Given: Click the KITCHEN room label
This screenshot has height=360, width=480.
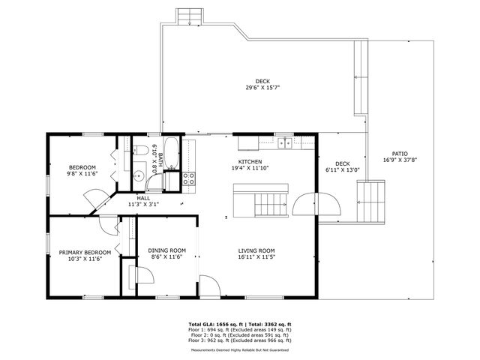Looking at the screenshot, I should (250, 161).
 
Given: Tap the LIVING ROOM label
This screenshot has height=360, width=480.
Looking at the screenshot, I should (257, 250).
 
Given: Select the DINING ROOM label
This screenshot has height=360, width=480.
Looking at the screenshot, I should (166, 250).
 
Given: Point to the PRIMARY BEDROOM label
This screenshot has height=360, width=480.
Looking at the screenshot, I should (85, 252).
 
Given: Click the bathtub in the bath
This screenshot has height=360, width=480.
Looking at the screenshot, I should (171, 153).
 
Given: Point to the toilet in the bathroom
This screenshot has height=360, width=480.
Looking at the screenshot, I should (139, 154).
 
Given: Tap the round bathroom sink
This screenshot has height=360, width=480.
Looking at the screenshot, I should (137, 176).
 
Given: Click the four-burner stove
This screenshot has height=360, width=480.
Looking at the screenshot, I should (189, 178).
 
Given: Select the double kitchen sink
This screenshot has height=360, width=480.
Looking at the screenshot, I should (285, 142).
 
